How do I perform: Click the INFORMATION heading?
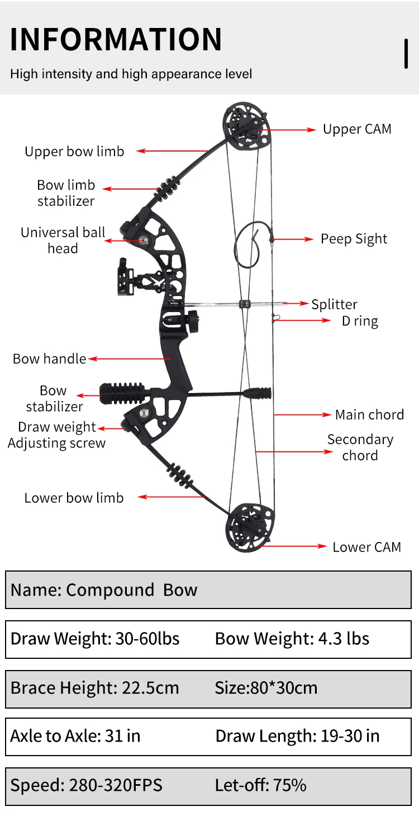116,39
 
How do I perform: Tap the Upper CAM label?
357,129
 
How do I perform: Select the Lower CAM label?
366,547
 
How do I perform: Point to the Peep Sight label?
354,239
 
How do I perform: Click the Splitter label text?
334,304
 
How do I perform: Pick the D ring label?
360,321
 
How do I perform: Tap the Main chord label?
369,414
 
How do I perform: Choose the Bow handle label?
49,359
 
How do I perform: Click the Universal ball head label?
63,240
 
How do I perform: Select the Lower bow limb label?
74,498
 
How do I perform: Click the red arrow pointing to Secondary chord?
294,451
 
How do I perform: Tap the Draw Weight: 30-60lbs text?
95,639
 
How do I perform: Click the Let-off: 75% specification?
260,785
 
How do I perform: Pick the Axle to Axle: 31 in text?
75,735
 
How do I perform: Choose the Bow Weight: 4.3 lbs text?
292,639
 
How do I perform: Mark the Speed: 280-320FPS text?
86,785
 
